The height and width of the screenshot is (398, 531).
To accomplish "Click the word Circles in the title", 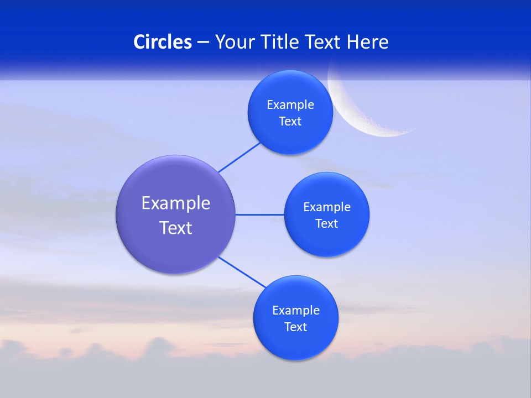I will (162, 42).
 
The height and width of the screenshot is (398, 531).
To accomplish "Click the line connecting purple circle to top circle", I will (239, 157).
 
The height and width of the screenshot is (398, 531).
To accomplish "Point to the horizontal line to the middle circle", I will (260, 214).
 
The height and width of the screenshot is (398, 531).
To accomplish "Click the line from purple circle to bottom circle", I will (242, 272).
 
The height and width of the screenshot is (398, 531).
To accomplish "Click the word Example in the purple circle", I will (176, 203).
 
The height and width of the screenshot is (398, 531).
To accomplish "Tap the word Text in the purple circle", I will (176, 228).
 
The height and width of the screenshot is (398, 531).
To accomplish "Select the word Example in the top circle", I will (290, 105).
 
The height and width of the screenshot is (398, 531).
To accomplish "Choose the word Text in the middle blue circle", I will (326, 224).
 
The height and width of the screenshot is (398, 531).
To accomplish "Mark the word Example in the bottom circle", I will (296, 311).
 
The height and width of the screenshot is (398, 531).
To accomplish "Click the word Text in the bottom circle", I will (295, 327).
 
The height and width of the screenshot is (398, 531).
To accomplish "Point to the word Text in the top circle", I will (290, 122).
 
